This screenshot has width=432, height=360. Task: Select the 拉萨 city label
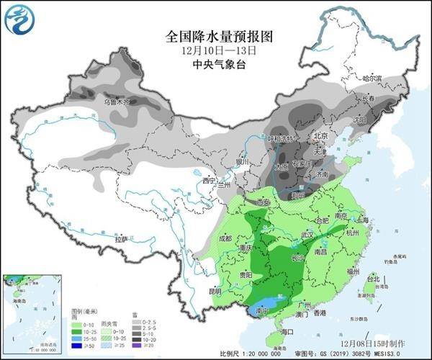tap(120, 238)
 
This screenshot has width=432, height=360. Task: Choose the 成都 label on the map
tap(225, 238)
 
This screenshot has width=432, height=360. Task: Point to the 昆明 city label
tap(215, 292)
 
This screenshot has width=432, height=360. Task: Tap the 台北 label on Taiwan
tap(372, 279)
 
